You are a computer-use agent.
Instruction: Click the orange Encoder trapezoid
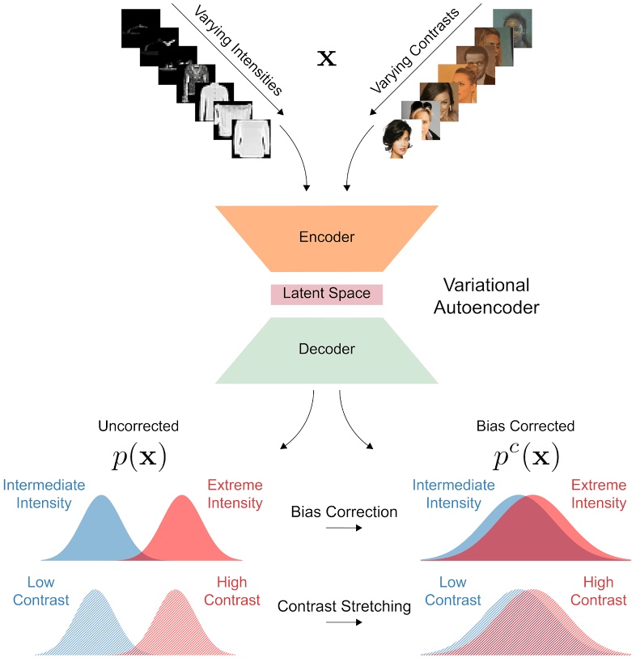tap(326, 238)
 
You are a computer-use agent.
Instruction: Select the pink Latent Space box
tap(326, 294)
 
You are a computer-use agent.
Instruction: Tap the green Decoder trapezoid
tap(326, 350)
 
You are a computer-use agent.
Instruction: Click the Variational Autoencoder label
tap(491, 296)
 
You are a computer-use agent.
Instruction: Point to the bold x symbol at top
tap(328, 59)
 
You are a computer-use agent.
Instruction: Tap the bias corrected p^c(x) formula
tap(526, 457)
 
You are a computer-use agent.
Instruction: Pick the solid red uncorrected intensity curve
tap(184, 530)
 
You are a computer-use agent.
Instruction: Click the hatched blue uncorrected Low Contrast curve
tap(95, 623)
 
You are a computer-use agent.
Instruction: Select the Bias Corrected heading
tap(526, 426)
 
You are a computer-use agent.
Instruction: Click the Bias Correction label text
tap(345, 511)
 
